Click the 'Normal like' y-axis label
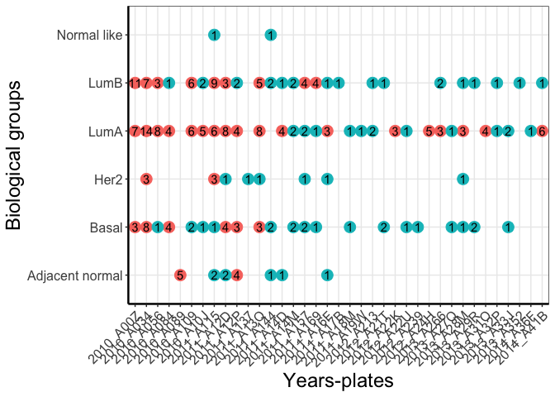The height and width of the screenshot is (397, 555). pyautogui.click(x=90, y=35)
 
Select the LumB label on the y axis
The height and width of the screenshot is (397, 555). pyautogui.click(x=106, y=83)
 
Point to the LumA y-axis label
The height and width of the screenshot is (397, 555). pyautogui.click(x=106, y=131)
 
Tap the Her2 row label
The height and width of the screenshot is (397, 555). pyautogui.click(x=108, y=179)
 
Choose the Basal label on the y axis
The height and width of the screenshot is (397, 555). pyautogui.click(x=107, y=227)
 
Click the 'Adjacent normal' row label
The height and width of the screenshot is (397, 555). pyautogui.click(x=74, y=275)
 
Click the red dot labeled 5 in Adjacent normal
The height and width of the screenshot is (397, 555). pyautogui.click(x=180, y=275)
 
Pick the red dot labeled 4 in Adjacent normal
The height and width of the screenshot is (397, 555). pyautogui.click(x=236, y=275)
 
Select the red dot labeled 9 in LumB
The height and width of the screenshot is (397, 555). pyautogui.click(x=214, y=83)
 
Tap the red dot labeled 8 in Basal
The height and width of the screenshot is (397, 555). pyautogui.click(x=146, y=227)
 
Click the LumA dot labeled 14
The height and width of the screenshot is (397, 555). pyautogui.click(x=146, y=131)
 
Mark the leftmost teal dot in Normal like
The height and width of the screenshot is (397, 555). pyautogui.click(x=214, y=35)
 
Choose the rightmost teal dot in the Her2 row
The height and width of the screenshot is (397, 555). pyautogui.click(x=462, y=179)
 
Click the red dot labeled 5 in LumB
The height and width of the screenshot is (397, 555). pyautogui.click(x=259, y=83)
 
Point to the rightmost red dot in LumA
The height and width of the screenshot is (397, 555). pyautogui.click(x=542, y=131)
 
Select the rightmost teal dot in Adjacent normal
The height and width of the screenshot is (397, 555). pyautogui.click(x=327, y=275)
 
